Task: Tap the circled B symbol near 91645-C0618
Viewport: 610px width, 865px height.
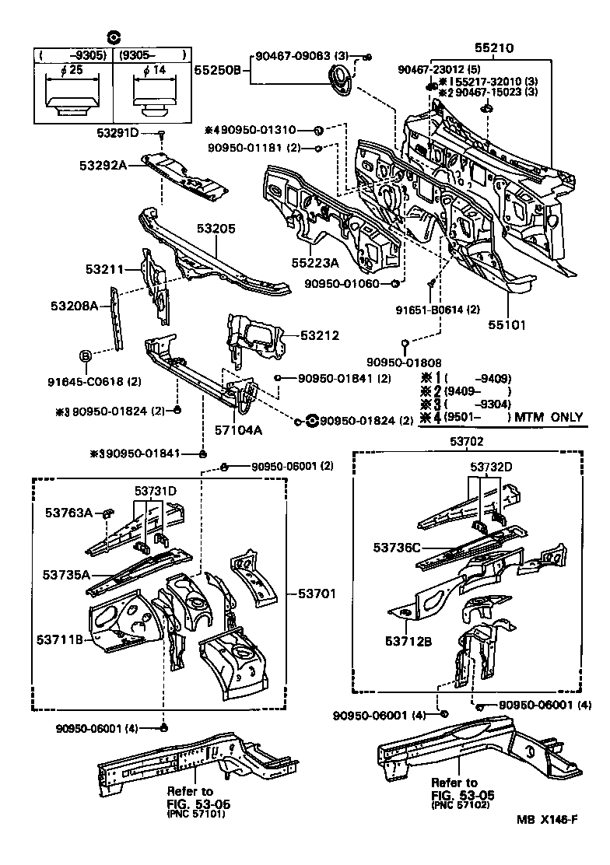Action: point(86,355)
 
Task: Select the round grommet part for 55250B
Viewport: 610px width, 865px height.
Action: point(340,80)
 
